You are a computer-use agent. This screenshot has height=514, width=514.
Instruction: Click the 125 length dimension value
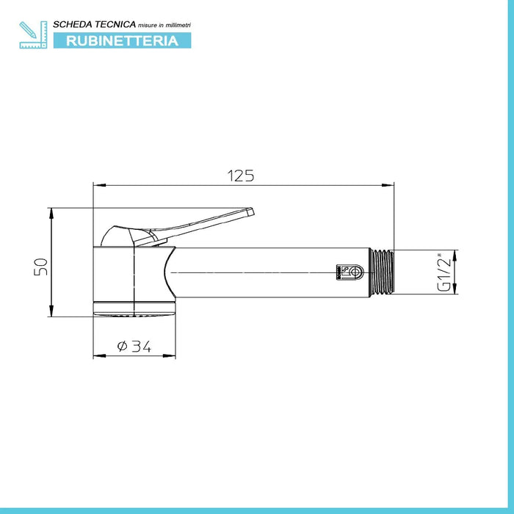pyautogui.click(x=241, y=175)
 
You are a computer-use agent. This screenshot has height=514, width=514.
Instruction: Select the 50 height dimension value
pyautogui.click(x=40, y=267)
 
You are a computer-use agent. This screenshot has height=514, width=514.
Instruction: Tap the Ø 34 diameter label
pyautogui.click(x=134, y=346)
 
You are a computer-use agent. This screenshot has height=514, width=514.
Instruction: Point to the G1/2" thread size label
pyautogui.click(x=444, y=272)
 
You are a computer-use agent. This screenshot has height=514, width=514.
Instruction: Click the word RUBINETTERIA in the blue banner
pyautogui.click(x=123, y=40)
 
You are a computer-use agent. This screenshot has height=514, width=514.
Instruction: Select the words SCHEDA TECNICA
pyautogui.click(x=95, y=24)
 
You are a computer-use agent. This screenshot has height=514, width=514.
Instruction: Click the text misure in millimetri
pyautogui.click(x=164, y=25)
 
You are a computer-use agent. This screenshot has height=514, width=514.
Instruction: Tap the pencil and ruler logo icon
pyautogui.click(x=33, y=35)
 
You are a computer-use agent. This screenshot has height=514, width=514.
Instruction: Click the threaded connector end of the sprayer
pyautogui.click(x=382, y=272)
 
